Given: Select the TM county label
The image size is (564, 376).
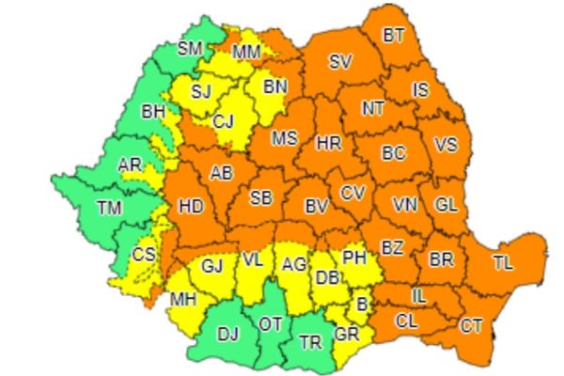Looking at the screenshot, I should pos(110,209).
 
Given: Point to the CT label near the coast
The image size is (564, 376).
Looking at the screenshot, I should pos(472,326).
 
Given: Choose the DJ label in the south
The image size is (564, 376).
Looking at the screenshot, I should pos(228,332).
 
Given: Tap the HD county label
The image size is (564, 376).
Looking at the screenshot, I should pos(191,206).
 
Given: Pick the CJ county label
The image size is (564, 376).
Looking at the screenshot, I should pos(223,120).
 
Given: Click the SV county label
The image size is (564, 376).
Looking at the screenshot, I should pos(340,62).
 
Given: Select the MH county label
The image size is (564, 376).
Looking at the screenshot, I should pos(184,300).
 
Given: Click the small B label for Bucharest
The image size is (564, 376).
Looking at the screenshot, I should pos(361,304).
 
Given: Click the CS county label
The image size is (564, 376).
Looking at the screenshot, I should pos(143,253).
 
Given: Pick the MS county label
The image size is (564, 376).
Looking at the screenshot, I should pos(284,138).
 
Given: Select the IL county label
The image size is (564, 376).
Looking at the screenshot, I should pos(417,297).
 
